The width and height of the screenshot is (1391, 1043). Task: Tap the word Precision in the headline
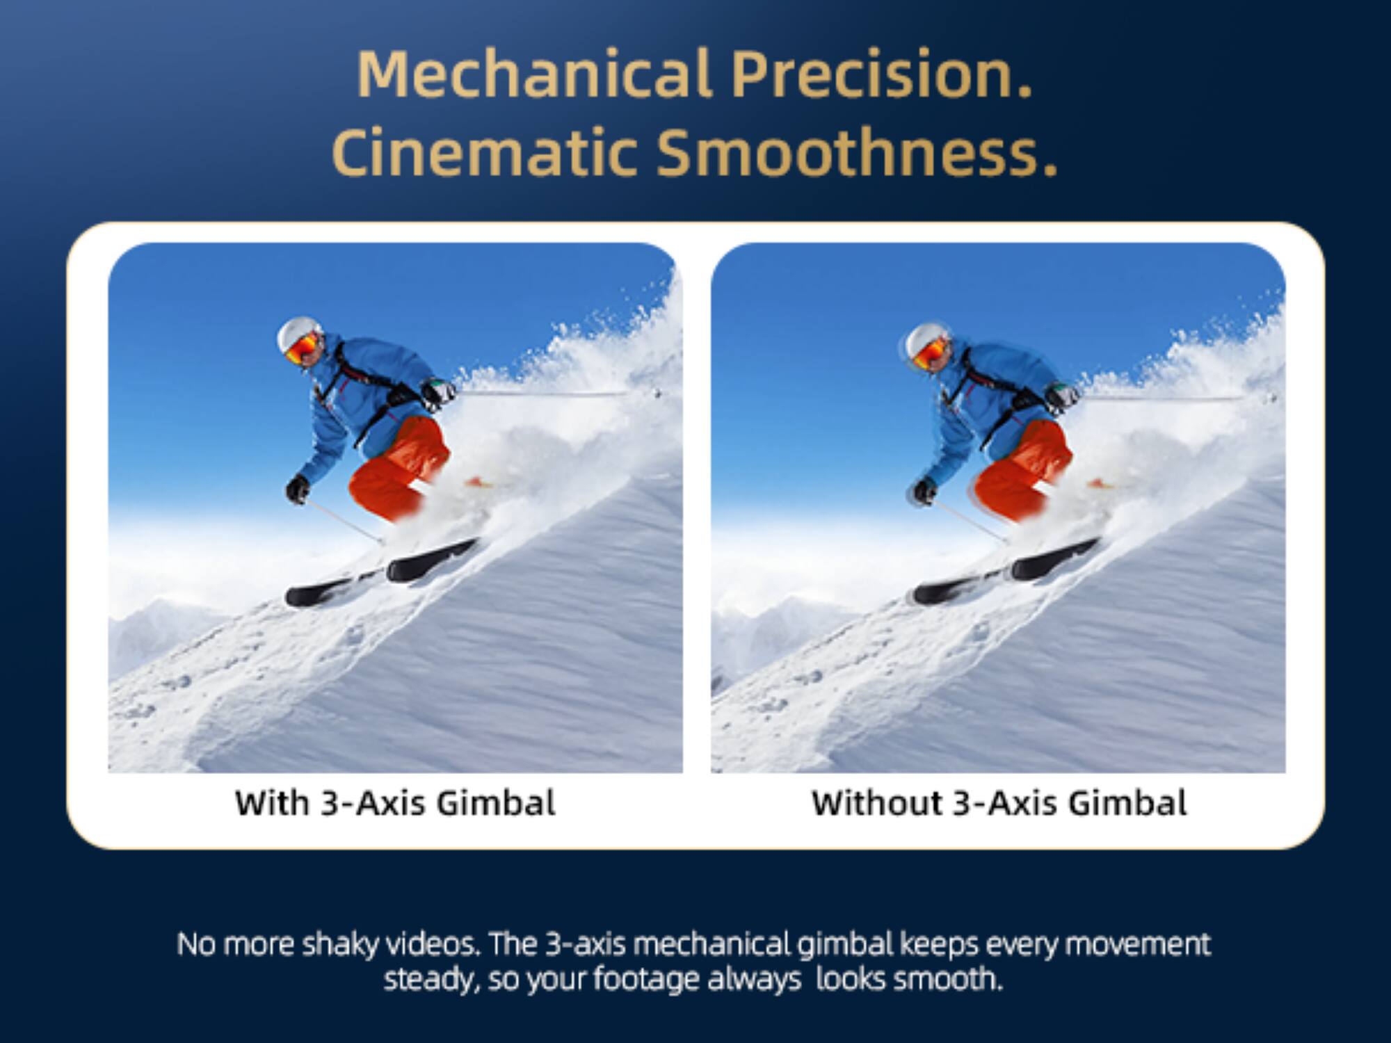tap(881, 74)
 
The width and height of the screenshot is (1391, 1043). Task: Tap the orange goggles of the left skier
tap(303, 347)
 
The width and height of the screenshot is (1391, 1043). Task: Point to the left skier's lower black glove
tap(298, 489)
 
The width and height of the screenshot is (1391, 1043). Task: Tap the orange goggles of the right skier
tap(930, 352)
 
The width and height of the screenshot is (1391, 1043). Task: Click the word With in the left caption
tap(272, 803)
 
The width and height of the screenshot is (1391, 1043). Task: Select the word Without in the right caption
tap(876, 803)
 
